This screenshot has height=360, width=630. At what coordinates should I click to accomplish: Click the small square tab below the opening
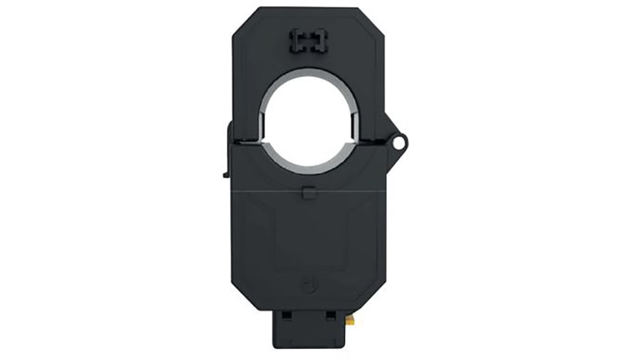click(308, 191)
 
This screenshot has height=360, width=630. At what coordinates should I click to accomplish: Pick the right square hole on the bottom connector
click(331, 315)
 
